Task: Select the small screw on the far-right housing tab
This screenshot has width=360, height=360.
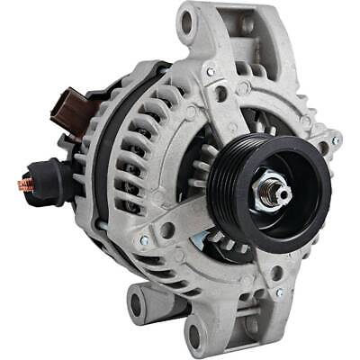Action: pyautogui.click(x=336, y=141)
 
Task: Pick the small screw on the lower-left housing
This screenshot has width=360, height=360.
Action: pyautogui.click(x=144, y=241)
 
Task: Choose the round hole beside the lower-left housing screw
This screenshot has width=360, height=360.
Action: pyautogui.click(x=167, y=229)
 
